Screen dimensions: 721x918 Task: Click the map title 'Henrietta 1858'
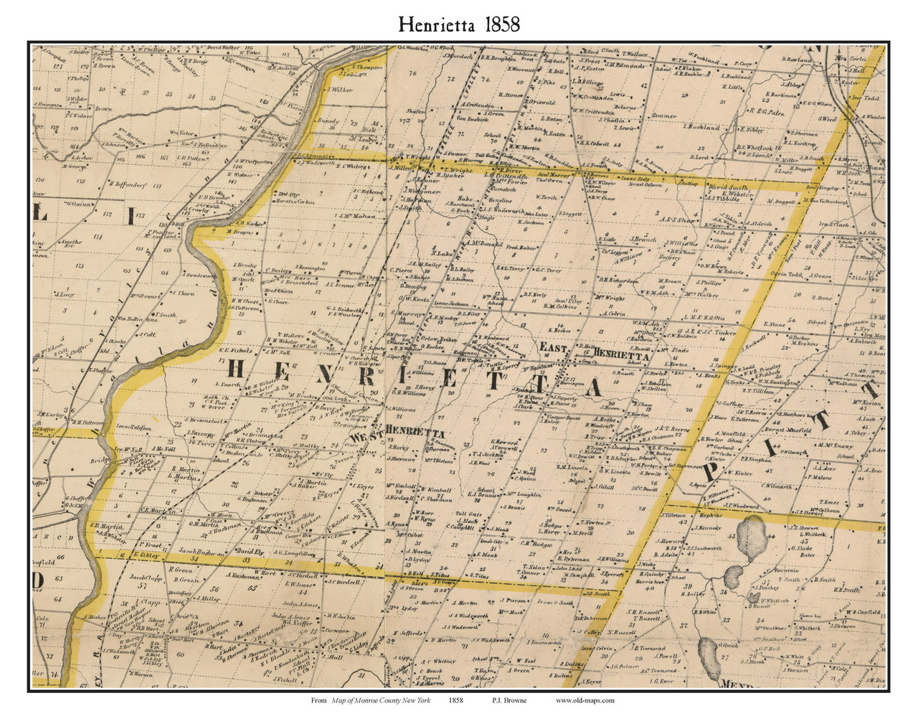click(x=459, y=24)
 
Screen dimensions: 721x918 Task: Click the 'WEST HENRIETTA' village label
click(x=398, y=433)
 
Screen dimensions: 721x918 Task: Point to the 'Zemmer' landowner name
click(x=663, y=116)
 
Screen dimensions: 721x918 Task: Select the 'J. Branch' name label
click(x=643, y=240)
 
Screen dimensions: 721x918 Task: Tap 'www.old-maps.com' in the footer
click(x=585, y=701)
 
